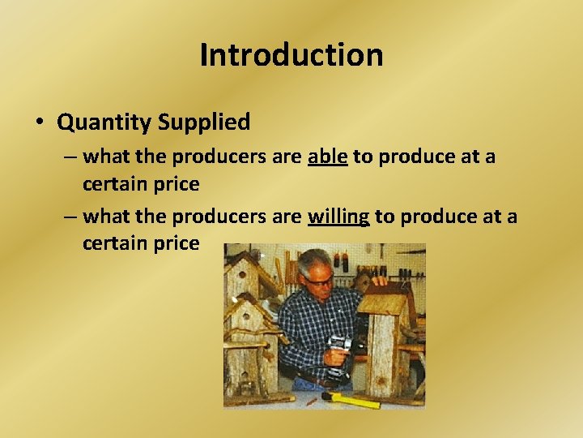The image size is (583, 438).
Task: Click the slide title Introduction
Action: pyautogui.click(x=291, y=55)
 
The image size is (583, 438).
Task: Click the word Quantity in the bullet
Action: pyautogui.click(x=104, y=122)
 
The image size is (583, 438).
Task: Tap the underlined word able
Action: pyautogui.click(x=327, y=156)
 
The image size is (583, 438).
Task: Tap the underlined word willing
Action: pyautogui.click(x=338, y=217)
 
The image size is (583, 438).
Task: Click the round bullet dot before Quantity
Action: pyautogui.click(x=40, y=123)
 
